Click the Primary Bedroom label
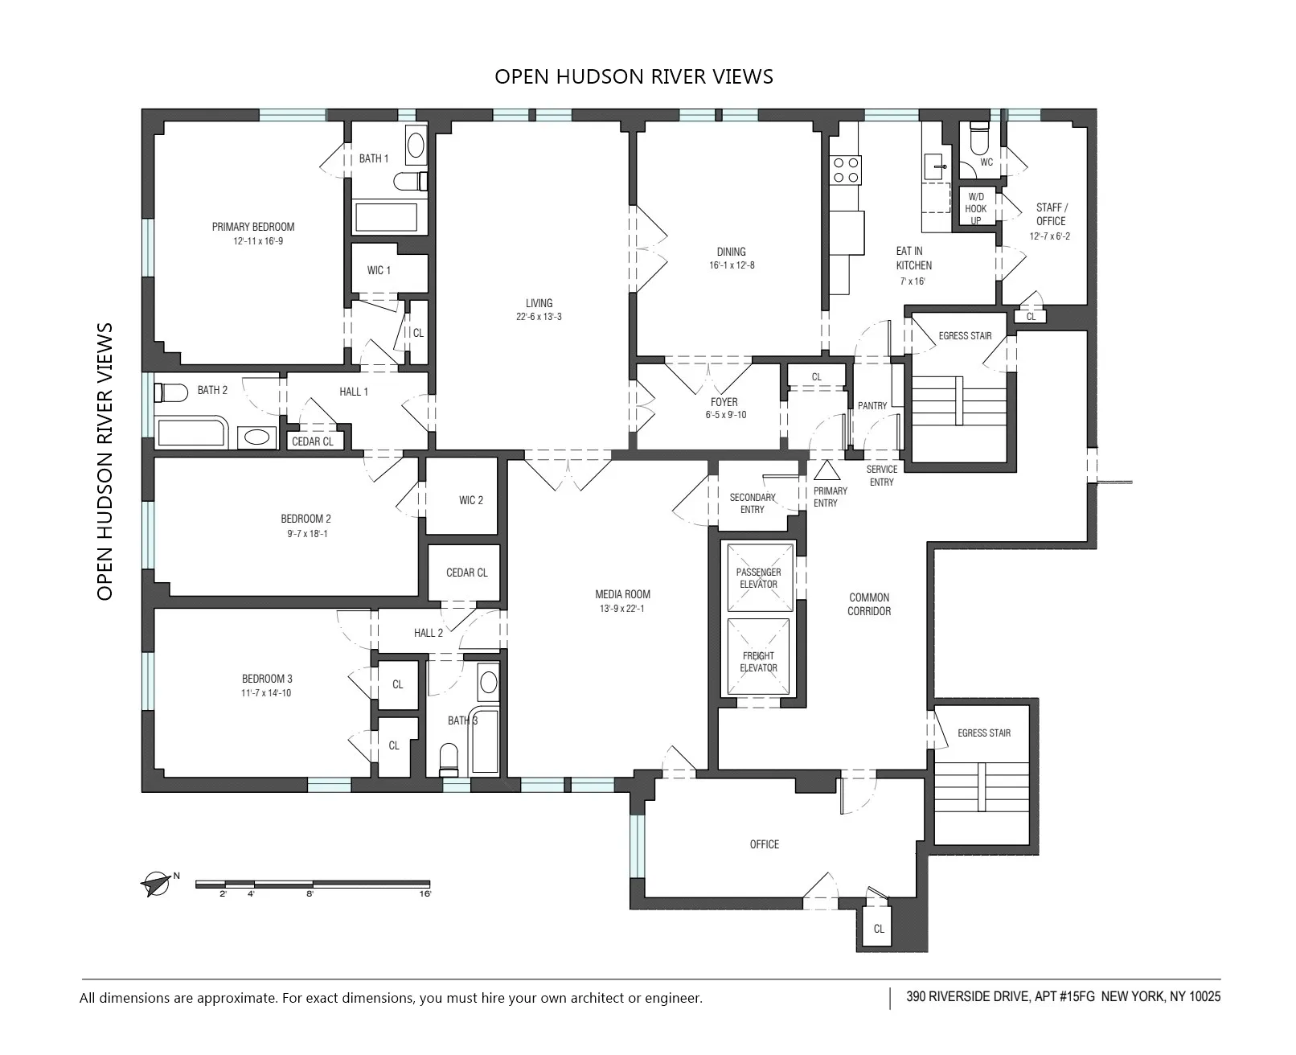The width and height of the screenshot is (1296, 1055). click(x=253, y=227)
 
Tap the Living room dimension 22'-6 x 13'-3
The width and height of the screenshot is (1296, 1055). click(x=539, y=317)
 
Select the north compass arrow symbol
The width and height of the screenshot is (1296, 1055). click(x=156, y=884)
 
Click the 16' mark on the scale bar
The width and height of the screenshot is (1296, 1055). click(x=425, y=893)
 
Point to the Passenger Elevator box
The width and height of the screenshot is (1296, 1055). click(x=758, y=578)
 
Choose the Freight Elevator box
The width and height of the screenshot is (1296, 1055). click(x=758, y=661)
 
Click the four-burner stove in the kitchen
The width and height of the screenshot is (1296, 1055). click(x=845, y=170)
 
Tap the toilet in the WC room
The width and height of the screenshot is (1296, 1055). click(x=978, y=138)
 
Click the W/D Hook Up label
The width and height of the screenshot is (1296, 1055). click(x=976, y=208)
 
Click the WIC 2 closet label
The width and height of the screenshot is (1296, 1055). click(x=471, y=500)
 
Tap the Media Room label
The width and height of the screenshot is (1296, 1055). click(x=622, y=594)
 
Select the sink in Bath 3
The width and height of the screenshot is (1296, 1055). click(x=487, y=683)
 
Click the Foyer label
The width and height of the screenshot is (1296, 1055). click(x=724, y=402)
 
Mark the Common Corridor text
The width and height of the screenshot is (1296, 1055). click(x=869, y=604)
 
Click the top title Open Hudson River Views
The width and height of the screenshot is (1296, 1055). click(x=634, y=76)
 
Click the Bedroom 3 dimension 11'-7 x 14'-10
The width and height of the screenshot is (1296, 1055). click(x=266, y=692)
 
